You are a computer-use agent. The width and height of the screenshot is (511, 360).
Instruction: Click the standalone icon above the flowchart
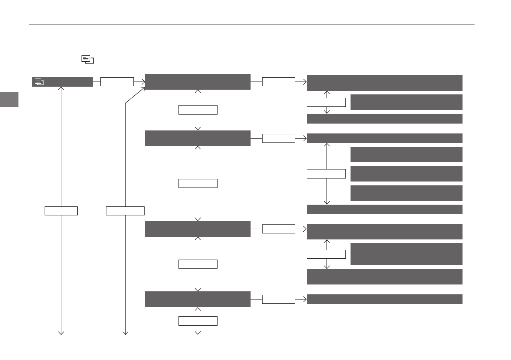pos(88,60)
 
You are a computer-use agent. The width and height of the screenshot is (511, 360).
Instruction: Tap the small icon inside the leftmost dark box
pos(39,82)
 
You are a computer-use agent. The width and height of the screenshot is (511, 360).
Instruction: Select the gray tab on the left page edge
pos(9,100)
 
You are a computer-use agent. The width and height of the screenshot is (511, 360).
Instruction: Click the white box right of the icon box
pos(117,82)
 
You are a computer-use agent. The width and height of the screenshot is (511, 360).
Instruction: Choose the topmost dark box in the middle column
pos(197,82)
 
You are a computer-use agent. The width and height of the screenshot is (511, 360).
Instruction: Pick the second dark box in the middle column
pos(197,138)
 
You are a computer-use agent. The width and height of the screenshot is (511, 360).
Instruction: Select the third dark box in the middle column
pos(197,229)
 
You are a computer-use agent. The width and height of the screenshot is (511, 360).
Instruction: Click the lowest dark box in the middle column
pos(197,299)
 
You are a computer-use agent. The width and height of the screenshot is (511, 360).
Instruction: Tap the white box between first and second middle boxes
pos(198,110)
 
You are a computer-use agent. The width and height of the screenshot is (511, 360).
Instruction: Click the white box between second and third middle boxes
pos(198,183)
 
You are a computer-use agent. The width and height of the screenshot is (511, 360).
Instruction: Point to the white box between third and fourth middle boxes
pos(198,264)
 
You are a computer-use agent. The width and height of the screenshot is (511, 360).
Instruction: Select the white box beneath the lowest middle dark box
pos(198,321)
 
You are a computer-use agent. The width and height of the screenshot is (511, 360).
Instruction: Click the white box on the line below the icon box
pos(61,211)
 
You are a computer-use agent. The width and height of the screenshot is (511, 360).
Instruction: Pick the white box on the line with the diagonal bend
pos(125,211)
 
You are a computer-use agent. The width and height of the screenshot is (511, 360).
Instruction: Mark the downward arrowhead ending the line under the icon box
pos(61,333)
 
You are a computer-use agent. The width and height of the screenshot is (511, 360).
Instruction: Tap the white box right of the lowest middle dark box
pos(278,299)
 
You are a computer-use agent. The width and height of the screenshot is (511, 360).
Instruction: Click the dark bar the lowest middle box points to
pos(384,299)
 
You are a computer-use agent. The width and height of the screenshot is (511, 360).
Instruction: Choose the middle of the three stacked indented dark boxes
pos(406,174)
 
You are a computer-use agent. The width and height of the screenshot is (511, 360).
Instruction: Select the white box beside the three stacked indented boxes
pos(326,174)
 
